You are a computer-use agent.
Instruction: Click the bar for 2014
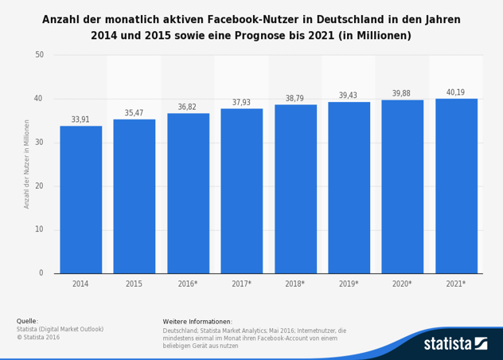pyautogui.click(x=80, y=199)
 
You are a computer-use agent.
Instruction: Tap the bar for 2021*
pyautogui.click(x=456, y=186)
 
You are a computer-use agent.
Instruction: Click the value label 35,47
pyautogui.click(x=134, y=113)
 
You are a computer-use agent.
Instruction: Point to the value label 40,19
pyautogui.click(x=456, y=92)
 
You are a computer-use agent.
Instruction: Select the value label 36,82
pyautogui.click(x=188, y=107)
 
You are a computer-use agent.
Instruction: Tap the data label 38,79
pyautogui.click(x=295, y=99)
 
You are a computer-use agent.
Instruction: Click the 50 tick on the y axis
pyautogui.click(x=39, y=55)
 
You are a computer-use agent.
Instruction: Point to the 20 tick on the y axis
pyautogui.click(x=39, y=186)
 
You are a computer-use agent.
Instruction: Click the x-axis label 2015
pyautogui.click(x=134, y=284)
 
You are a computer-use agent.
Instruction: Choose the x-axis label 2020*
pyautogui.click(x=402, y=284)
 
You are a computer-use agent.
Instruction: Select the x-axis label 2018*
pyautogui.click(x=295, y=284)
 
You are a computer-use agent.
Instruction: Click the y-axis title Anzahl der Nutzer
pyautogui.click(x=26, y=164)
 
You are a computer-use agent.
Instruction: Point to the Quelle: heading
pyautogui.click(x=27, y=321)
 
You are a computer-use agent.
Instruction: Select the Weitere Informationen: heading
pyautogui.click(x=197, y=321)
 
